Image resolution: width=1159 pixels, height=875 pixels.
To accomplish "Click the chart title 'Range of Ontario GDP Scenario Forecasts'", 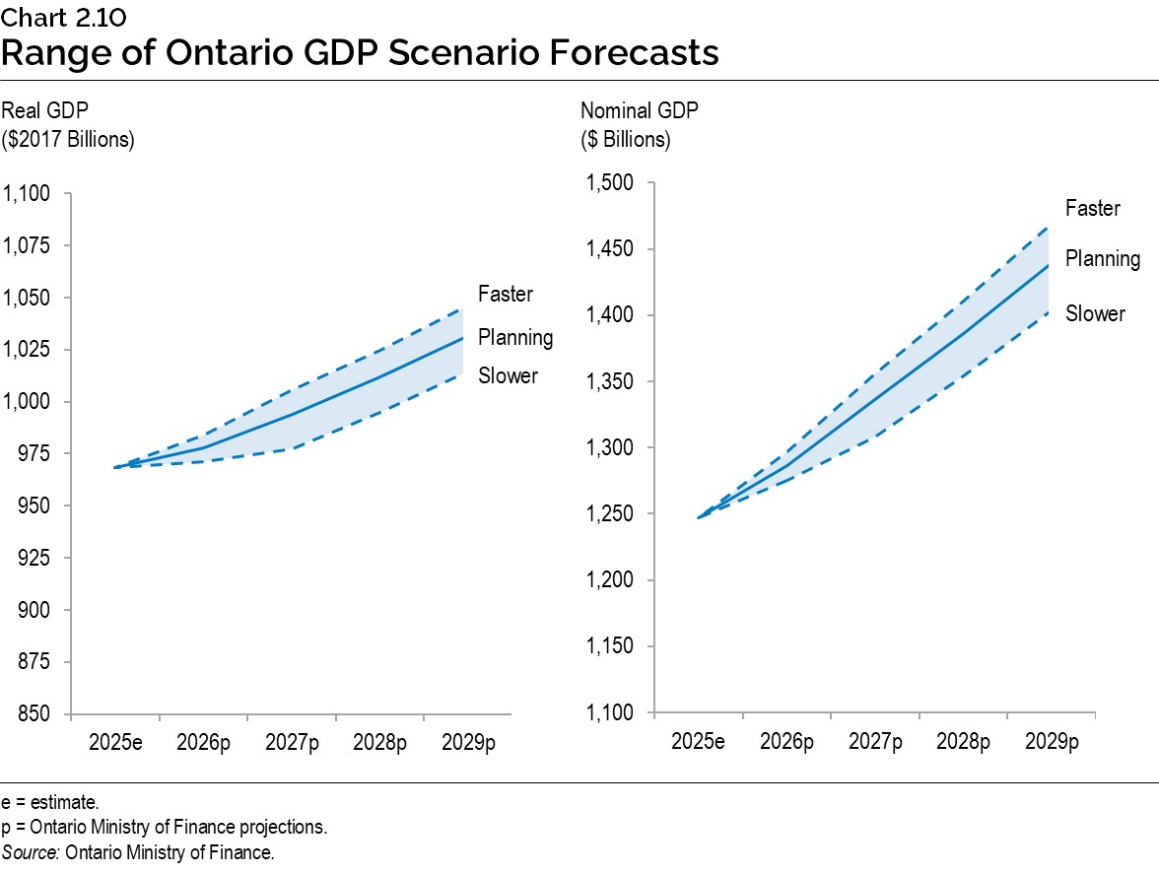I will [360, 52].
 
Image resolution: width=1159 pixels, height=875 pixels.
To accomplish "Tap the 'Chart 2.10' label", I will [63, 17].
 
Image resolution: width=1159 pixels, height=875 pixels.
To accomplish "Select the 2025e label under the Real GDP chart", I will [115, 742].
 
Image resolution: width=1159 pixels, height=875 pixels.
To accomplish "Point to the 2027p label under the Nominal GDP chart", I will [875, 741].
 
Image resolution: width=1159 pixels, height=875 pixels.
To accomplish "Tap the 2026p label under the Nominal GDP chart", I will [786, 741].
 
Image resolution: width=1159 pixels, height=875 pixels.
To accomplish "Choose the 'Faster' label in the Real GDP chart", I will [506, 294].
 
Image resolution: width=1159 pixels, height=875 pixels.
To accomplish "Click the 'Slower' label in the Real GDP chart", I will [508, 375].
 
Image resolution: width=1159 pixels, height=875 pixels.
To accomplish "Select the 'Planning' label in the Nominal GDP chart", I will [1103, 259].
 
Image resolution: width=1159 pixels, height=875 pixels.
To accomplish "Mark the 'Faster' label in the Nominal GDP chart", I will [1093, 209].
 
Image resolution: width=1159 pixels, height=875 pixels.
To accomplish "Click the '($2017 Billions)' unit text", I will [68, 139].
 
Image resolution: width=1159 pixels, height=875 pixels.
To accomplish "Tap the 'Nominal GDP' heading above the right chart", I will [639, 110].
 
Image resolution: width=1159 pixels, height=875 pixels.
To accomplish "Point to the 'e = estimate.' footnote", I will [49, 803].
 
